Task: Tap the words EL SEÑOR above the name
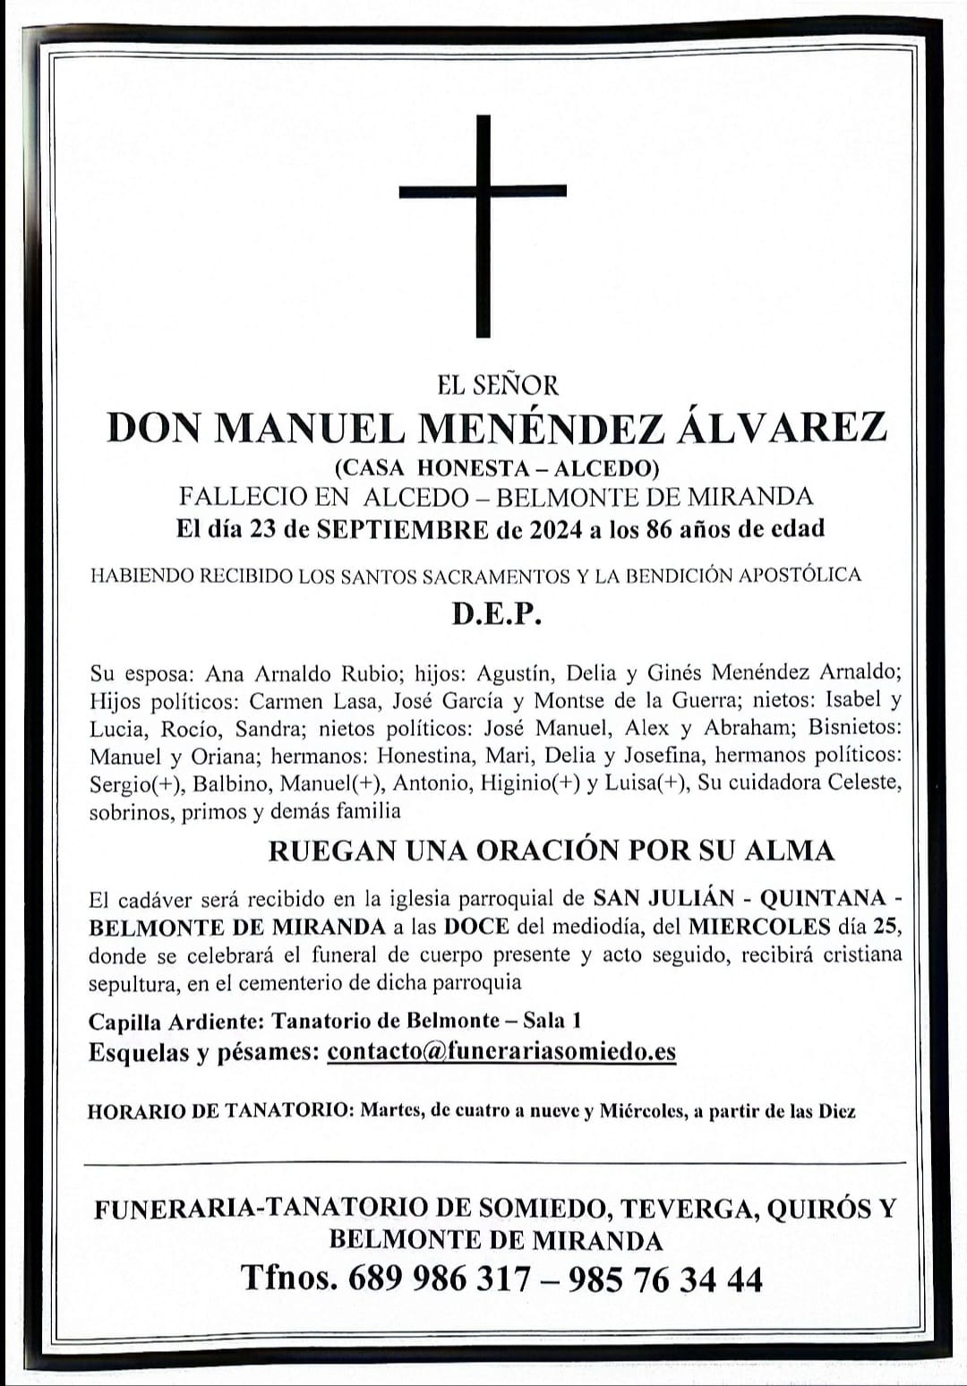(x=497, y=385)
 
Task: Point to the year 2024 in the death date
(x=554, y=529)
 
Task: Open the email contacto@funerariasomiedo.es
(x=501, y=1051)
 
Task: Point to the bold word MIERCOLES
(x=759, y=926)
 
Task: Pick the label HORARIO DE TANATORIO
(x=219, y=1112)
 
